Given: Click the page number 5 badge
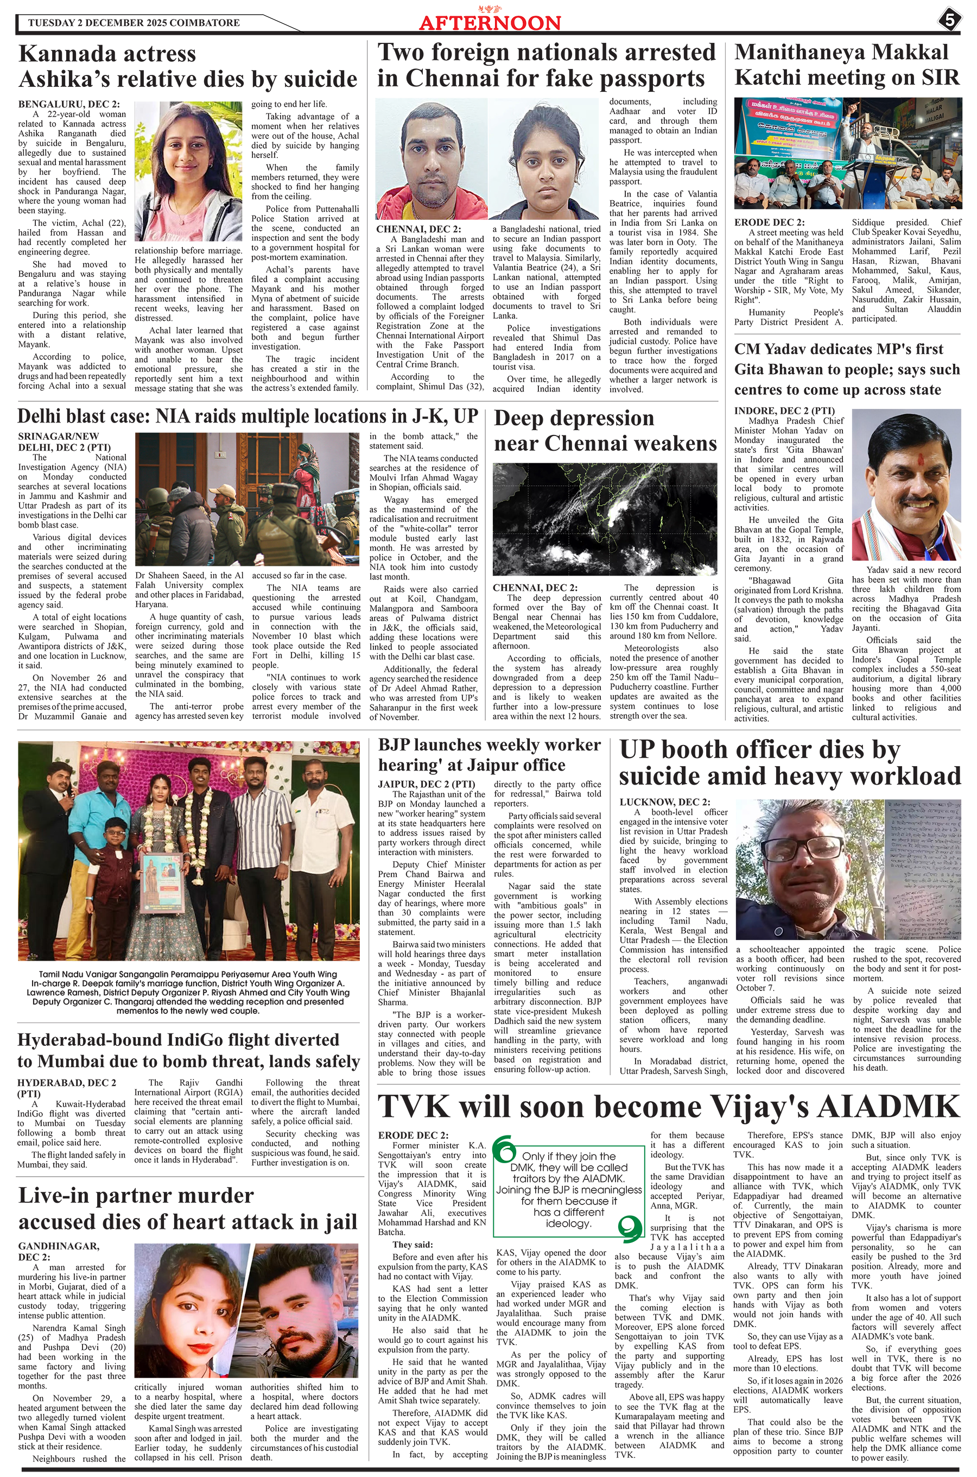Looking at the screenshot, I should [949, 20].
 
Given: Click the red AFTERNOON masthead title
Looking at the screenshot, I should [490, 23].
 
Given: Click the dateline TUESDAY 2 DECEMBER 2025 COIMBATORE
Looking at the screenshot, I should [134, 23].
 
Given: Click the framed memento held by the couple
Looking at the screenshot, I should [159, 882].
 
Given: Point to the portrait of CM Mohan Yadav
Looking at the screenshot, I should [906, 485].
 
